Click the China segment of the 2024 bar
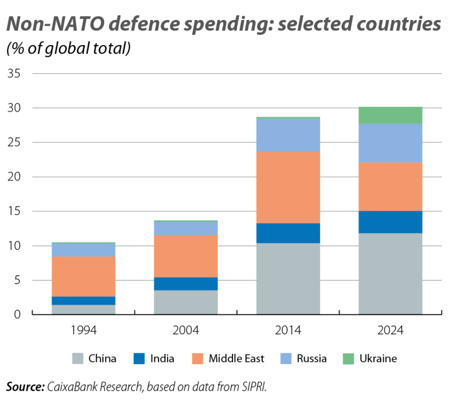pos(390,273)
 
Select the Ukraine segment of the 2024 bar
pos(390,115)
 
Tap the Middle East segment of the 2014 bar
pos(288,187)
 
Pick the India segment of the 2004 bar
pos(186,284)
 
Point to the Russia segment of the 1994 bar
pos(83,250)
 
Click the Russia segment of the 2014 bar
pos(288,135)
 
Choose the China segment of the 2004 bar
pos(186,302)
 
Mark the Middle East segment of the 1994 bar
pos(83,277)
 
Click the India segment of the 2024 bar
pos(390,222)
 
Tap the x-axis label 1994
pos(83,330)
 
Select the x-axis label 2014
pos(288,330)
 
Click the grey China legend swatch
pos(78,358)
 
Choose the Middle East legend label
pos(236,358)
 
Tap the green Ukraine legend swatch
pos(348,358)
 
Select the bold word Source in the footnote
pos(25,387)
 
